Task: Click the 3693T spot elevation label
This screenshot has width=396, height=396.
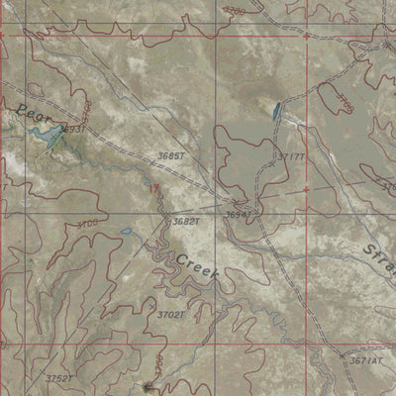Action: pos(72,130)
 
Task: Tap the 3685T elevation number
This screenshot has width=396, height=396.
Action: pos(170,156)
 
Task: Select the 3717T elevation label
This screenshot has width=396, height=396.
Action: pos(291,157)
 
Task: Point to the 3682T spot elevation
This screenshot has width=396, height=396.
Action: pos(185,222)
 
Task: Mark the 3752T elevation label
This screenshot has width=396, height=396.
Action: pos(60,378)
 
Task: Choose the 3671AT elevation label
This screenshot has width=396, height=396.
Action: pos(365,362)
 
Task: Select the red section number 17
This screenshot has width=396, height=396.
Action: pos(153,187)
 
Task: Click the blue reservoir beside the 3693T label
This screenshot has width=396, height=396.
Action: pos(51,144)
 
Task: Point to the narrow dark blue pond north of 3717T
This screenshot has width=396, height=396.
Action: pos(274,112)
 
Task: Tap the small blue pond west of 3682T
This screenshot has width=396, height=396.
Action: pos(125,233)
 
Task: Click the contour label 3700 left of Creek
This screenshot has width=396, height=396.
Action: pos(86,225)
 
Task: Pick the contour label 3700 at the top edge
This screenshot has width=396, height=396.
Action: pos(234,10)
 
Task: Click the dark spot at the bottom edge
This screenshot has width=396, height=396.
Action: pos(148,387)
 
